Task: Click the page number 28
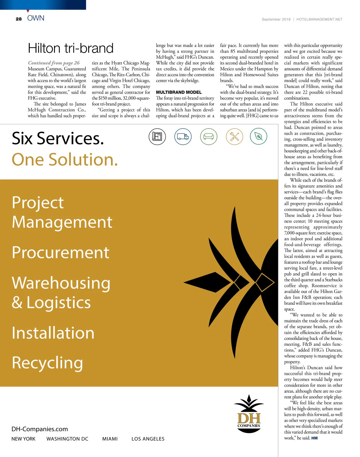click(x=19, y=19)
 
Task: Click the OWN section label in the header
click(x=36, y=18)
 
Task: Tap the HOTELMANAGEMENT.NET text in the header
click(x=319, y=19)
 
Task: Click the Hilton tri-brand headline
click(x=70, y=48)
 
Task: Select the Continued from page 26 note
click(x=54, y=63)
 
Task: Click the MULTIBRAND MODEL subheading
click(x=179, y=92)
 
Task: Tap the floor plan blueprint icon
click(x=157, y=136)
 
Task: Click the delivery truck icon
click(x=183, y=136)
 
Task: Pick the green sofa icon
click(x=208, y=136)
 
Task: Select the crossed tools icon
click(x=234, y=136)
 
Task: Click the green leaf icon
click(x=258, y=136)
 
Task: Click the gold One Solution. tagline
click(x=65, y=159)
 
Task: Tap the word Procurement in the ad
click(x=61, y=252)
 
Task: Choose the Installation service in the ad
click(x=53, y=333)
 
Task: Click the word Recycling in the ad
click(x=47, y=363)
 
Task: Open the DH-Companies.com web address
click(x=40, y=429)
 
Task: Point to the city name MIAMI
click(x=110, y=439)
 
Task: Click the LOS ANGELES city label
click(x=148, y=439)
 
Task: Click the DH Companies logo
click(x=249, y=414)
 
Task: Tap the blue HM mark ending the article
click(x=314, y=438)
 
